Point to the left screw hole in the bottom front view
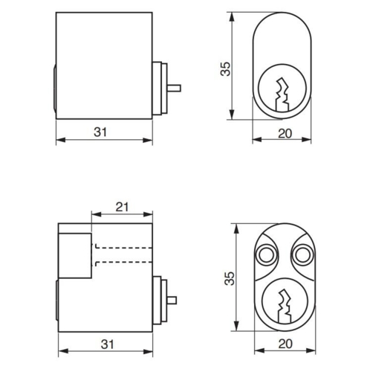click(x=264, y=255)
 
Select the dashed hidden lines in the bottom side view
click(x=123, y=254)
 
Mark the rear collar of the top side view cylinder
click(x=159, y=89)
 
